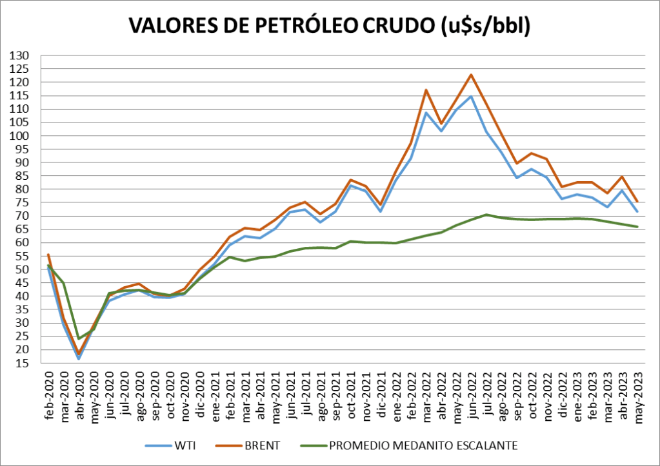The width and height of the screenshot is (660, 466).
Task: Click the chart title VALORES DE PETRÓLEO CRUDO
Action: (329, 25)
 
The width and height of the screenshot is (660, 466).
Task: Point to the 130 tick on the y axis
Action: (21, 55)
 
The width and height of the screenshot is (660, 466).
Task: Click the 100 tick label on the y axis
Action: (21, 136)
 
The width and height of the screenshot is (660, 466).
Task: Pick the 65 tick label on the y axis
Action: (23, 229)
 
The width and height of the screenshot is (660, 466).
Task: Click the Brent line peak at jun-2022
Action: (472, 75)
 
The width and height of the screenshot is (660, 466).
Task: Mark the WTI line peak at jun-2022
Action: (472, 97)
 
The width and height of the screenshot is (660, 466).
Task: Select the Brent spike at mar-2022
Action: (426, 90)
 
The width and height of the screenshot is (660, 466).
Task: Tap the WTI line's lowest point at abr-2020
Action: (79, 358)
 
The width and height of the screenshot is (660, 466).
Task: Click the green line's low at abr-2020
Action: (79, 338)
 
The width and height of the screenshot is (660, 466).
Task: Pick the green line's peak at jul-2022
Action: (486, 215)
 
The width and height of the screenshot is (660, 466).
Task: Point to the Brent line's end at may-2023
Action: (637, 202)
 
